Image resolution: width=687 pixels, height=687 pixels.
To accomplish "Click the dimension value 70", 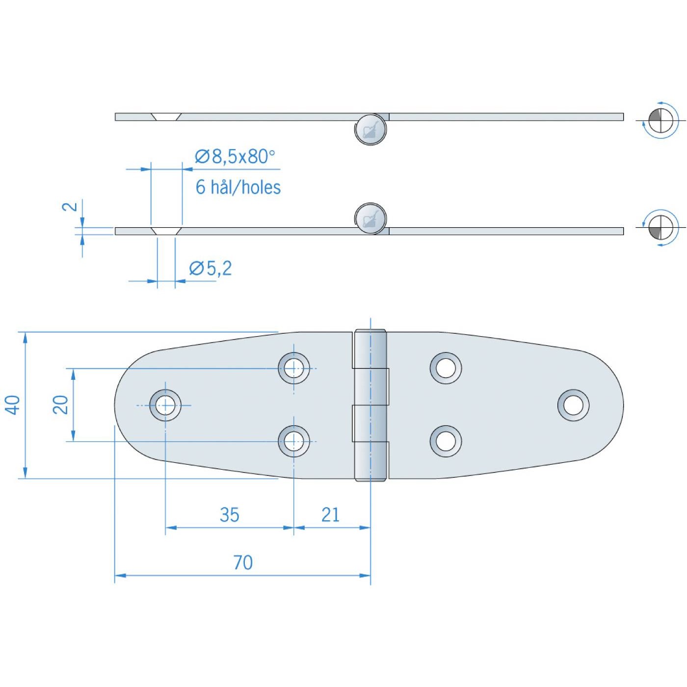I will pos(243,562).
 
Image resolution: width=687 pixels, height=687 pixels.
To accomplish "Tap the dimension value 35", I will pos(229,515).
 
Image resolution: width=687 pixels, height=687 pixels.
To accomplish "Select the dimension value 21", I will pos(330,515).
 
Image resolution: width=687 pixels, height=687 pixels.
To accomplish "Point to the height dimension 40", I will pos(13,405).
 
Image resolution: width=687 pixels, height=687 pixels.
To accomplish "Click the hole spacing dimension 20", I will pos(60,405).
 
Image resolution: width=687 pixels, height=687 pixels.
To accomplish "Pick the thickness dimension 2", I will pos(70,207).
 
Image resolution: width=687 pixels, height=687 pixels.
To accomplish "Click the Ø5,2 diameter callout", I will pos(211,268).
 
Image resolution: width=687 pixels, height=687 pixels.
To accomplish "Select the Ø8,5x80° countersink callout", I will pos(235,157).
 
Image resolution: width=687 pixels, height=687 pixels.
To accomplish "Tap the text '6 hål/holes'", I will pos(238,187).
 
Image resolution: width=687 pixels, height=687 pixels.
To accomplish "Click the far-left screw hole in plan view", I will pos(165,405).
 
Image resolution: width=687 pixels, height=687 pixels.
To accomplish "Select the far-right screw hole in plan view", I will pos(573,405).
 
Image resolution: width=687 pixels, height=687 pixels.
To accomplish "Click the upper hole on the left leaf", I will pos(294,368).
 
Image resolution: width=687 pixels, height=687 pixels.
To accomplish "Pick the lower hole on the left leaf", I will pos(294,441).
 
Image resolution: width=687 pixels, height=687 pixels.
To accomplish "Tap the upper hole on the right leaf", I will pos(446,368).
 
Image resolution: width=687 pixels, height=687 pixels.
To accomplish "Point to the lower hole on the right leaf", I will pos(446,441).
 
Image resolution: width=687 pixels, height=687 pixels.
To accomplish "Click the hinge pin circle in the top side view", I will pos(370,130).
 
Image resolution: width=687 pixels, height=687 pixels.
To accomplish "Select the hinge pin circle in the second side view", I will pos(370,218).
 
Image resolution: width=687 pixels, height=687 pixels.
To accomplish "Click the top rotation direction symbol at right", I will pos(661,120).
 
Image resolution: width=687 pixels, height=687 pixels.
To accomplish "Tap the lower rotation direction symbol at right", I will pos(661,227).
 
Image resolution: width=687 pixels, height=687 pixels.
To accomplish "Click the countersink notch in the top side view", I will pos(166,116).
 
